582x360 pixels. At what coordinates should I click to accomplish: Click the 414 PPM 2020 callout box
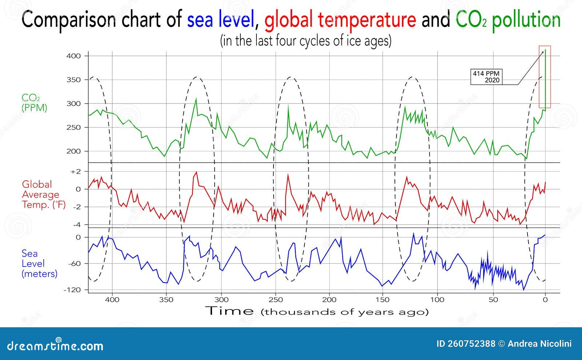pyautogui.click(x=486, y=77)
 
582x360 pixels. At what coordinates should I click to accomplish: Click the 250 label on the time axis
pyautogui.click(x=275, y=300)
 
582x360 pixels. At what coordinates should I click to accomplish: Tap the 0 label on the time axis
pyautogui.click(x=545, y=300)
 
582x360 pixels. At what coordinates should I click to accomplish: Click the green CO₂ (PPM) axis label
pyautogui.click(x=35, y=103)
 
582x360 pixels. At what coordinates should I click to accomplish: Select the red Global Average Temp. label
pyautogui.click(x=43, y=195)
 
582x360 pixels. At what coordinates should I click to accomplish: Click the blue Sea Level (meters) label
pyautogui.click(x=39, y=264)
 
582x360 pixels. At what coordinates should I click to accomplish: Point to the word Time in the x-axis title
pyautogui.click(x=230, y=311)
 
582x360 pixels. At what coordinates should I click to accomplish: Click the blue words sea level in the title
pyautogui.click(x=220, y=20)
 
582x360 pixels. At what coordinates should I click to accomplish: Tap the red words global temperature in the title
pyautogui.click(x=340, y=20)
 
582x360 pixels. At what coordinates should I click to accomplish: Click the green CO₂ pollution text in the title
pyautogui.click(x=508, y=20)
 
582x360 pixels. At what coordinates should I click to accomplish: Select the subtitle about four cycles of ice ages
pyautogui.click(x=306, y=41)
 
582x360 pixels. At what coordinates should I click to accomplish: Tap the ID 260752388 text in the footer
pyautogui.click(x=466, y=344)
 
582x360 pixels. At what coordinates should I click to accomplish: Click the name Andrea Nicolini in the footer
pyautogui.click(x=539, y=344)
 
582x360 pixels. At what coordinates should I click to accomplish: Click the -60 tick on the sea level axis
pyautogui.click(x=74, y=264)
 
